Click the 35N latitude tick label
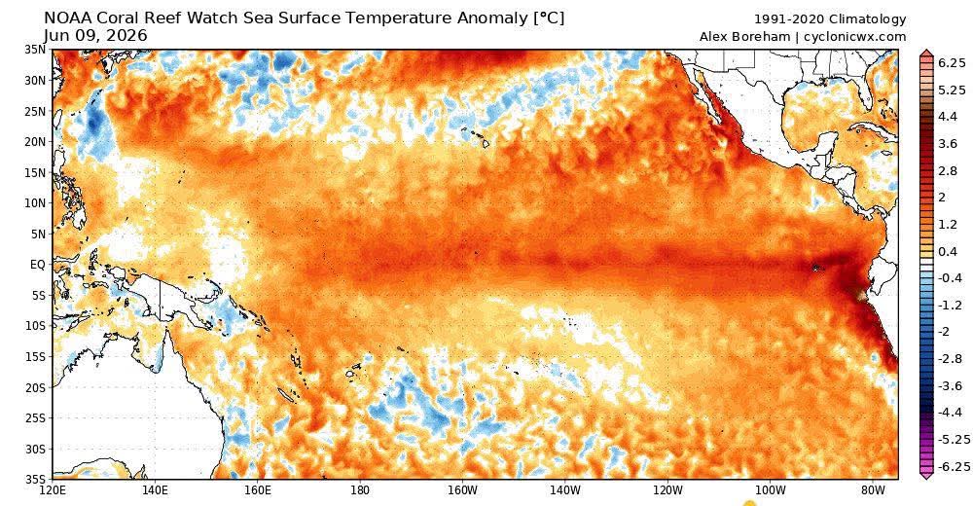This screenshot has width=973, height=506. pyautogui.click(x=36, y=51)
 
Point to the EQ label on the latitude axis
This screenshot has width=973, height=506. pyautogui.click(x=38, y=265)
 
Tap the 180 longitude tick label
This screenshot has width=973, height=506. pyautogui.click(x=359, y=490)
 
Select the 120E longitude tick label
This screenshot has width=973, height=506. pyautogui.click(x=53, y=490)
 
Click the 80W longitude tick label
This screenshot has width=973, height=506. pyautogui.click(x=873, y=490)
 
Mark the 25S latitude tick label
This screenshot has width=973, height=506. pyautogui.click(x=36, y=417)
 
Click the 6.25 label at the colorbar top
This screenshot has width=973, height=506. pyautogui.click(x=953, y=62)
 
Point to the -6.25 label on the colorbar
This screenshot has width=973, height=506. pyautogui.click(x=950, y=466)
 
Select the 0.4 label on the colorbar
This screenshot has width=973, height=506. pyautogui.click(x=948, y=251)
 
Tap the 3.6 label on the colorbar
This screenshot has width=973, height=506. pyautogui.click(x=948, y=143)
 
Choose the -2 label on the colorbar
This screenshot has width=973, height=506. pyautogui.click(x=945, y=332)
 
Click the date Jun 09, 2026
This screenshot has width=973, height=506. pyautogui.click(x=95, y=36)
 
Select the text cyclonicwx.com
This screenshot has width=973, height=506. pyautogui.click(x=854, y=37)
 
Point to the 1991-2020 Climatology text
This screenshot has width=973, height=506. pyautogui.click(x=830, y=19)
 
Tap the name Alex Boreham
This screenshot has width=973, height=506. pyautogui.click(x=744, y=37)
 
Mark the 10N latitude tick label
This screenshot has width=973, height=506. pyautogui.click(x=36, y=203)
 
